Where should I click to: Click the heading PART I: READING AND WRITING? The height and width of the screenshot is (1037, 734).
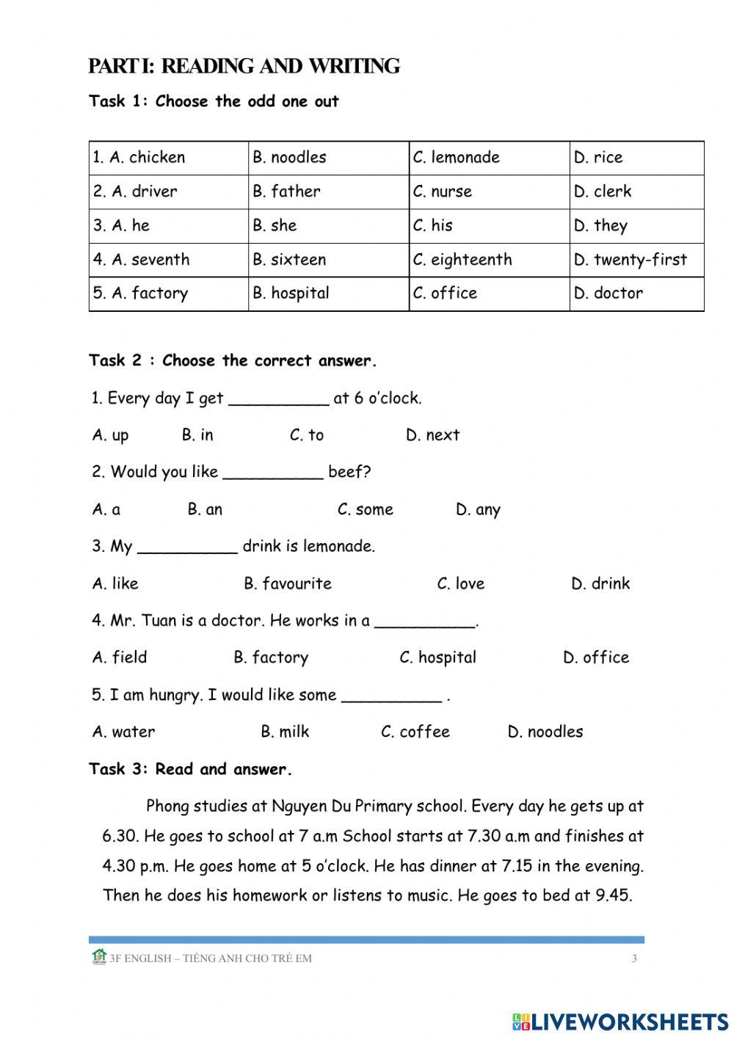(x=244, y=67)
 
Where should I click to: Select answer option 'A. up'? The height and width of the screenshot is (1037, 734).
(x=111, y=435)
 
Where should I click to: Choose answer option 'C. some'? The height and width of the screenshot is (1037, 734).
(x=365, y=509)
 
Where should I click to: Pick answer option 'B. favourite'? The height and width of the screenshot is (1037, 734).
(x=288, y=583)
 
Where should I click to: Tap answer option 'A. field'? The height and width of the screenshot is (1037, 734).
(x=120, y=657)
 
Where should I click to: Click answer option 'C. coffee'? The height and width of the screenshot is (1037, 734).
(x=415, y=732)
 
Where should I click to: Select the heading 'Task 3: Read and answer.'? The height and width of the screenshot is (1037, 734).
(x=191, y=769)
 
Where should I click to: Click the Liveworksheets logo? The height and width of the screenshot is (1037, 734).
(x=620, y=1021)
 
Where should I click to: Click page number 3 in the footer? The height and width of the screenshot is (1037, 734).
(x=634, y=958)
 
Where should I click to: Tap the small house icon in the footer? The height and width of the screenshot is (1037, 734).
(x=99, y=956)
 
